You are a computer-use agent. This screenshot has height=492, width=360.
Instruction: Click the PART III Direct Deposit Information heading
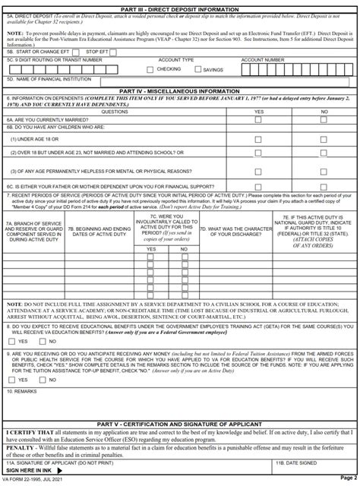point(179,7)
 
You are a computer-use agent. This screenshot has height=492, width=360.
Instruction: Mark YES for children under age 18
point(258,140)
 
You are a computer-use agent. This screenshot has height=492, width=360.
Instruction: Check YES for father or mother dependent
point(258,185)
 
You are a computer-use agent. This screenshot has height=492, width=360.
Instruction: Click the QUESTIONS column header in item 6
point(115,111)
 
